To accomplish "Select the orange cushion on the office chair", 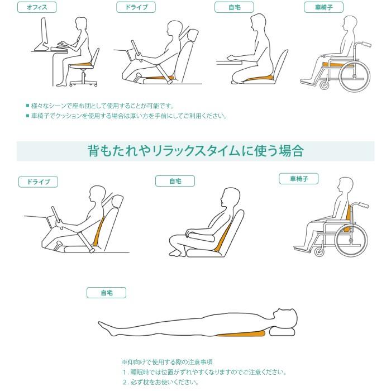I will click(80, 64).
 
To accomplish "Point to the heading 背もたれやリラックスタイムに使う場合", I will click(195, 151).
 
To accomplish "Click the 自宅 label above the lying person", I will click(106, 293).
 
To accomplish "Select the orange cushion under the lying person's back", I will click(242, 335).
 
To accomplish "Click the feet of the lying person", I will click(104, 327).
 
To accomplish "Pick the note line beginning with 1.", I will click(204, 372).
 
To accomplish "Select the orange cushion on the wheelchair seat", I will click(333, 65).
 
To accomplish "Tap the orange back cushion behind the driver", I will click(101, 230).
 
